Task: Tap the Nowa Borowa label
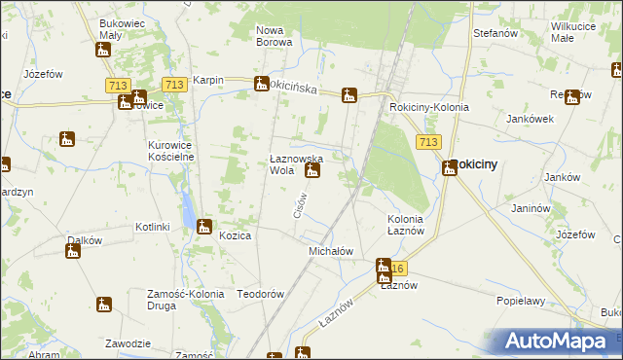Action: click(275, 36)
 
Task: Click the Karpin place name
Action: click(208, 81)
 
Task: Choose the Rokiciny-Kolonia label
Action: click(428, 107)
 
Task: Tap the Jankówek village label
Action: click(530, 118)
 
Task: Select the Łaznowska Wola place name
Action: click(295, 163)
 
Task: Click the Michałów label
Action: click(330, 251)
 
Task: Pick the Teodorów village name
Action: click(260, 294)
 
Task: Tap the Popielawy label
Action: click(520, 302)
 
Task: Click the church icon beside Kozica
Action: click(203, 228)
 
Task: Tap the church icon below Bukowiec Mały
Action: click(104, 50)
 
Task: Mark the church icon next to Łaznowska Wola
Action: click(311, 173)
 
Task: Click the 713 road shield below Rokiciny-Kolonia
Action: click(426, 142)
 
